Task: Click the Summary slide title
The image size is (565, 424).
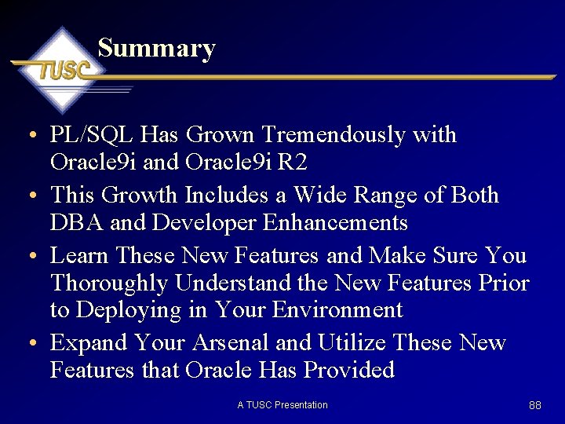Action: [x=156, y=49]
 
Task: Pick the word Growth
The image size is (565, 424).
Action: [x=140, y=194]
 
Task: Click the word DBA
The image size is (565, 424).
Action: [x=76, y=223]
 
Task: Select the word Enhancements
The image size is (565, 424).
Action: [x=335, y=223]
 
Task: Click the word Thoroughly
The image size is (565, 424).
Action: [x=110, y=283]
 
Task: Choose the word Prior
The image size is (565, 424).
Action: [x=502, y=283]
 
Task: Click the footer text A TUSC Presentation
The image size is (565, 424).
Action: [x=282, y=405]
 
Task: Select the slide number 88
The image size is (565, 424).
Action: [x=535, y=405]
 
